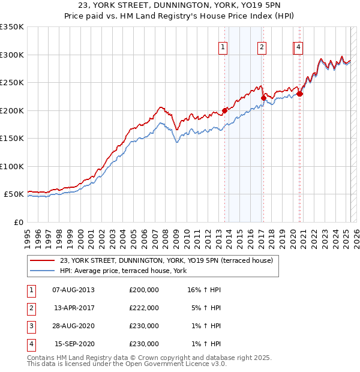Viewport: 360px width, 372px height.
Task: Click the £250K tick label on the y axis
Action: pos(12,83)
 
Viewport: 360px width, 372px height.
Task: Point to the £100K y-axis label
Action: pos(12,166)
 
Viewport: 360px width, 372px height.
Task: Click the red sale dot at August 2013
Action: pos(224,110)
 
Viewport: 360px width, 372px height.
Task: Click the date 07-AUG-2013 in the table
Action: pos(74,290)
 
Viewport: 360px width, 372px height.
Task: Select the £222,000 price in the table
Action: pos(144,308)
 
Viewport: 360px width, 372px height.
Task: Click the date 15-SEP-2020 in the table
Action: pos(74,344)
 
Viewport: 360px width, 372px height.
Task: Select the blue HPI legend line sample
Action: pos(42,271)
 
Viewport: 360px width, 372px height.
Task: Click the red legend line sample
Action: pos(42,260)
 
